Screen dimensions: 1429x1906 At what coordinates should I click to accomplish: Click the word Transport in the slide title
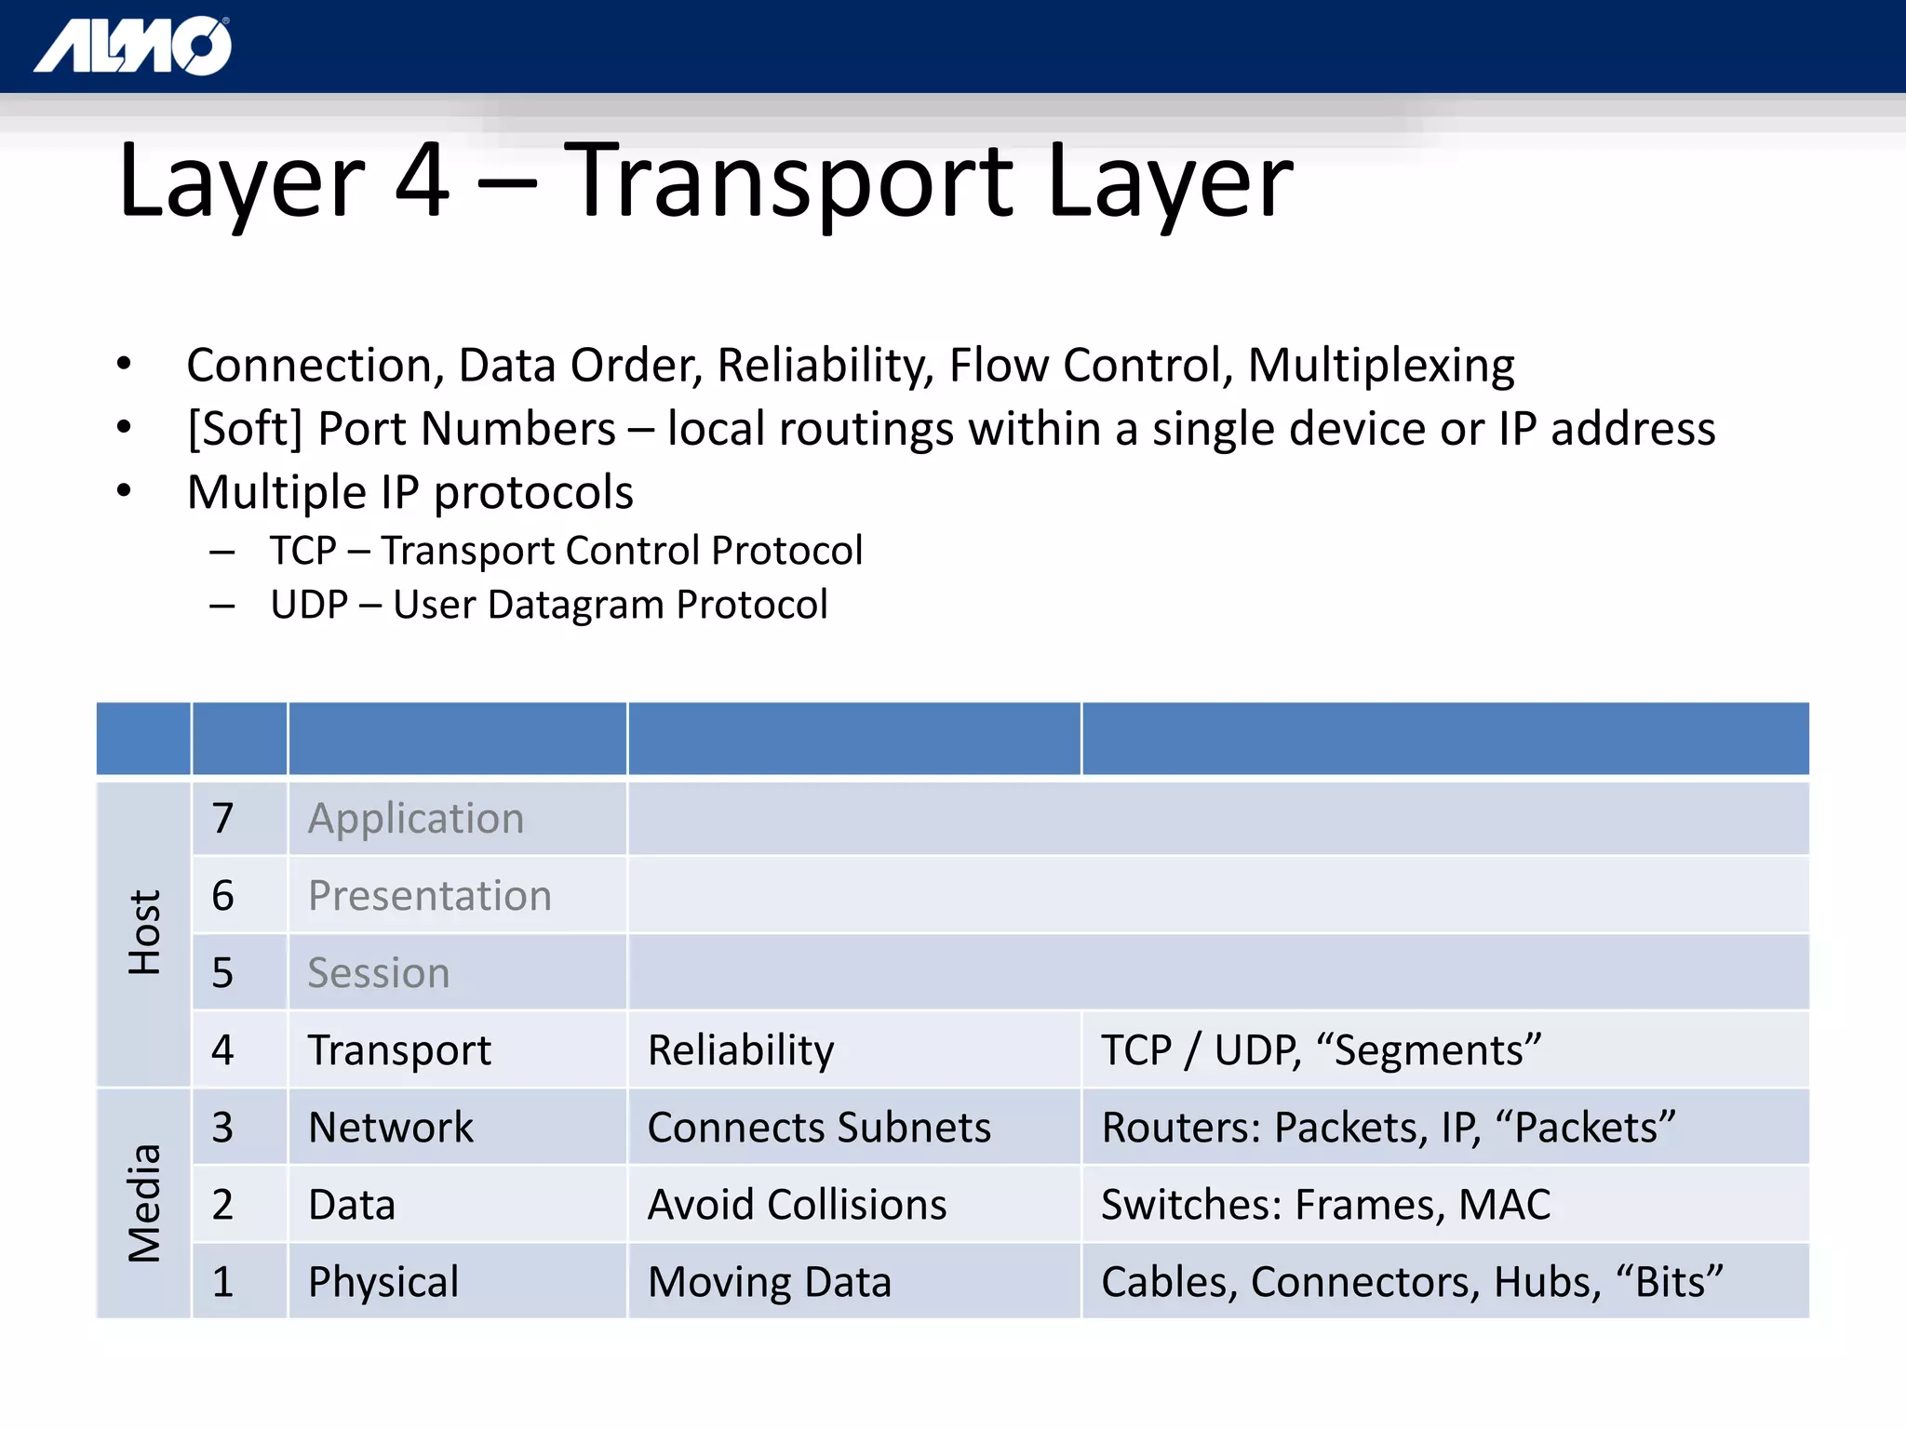(x=788, y=181)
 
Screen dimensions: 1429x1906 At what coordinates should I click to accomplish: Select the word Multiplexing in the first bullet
(x=1380, y=366)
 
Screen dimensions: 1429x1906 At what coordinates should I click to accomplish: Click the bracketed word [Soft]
(x=245, y=430)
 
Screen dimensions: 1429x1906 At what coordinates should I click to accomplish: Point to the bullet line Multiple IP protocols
(x=409, y=492)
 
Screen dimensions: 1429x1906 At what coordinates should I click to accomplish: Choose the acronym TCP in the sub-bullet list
(x=302, y=551)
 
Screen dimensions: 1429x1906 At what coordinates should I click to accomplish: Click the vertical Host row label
(x=144, y=932)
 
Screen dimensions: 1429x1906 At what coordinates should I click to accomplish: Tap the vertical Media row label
(x=144, y=1202)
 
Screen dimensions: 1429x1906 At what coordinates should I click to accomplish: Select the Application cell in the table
(x=416, y=819)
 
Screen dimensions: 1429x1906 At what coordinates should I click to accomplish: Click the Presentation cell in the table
(x=429, y=896)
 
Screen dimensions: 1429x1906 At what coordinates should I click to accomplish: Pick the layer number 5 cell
(x=222, y=973)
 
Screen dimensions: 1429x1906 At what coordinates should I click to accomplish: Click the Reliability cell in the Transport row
(x=741, y=1050)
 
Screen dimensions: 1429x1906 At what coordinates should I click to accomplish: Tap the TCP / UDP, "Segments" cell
(x=1321, y=1050)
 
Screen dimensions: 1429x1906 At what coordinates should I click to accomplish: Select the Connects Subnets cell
(x=819, y=1128)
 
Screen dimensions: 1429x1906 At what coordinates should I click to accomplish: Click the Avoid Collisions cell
(x=797, y=1205)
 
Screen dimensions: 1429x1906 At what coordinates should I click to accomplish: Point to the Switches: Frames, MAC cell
(x=1325, y=1205)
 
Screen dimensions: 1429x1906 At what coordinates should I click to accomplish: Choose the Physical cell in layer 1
(x=383, y=1282)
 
